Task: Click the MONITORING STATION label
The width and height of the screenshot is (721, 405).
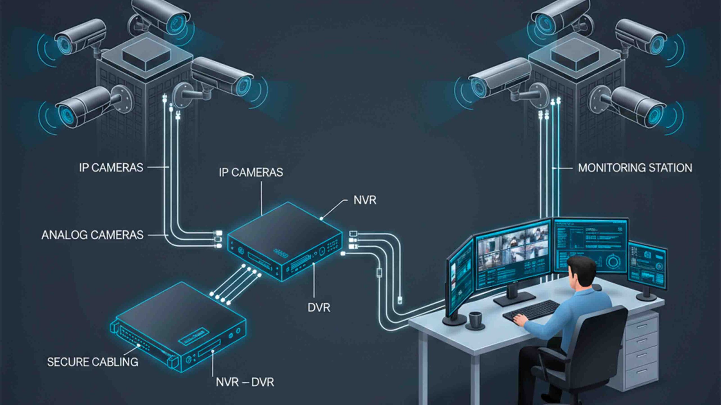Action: click(x=635, y=168)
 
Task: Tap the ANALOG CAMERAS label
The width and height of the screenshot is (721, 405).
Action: click(x=92, y=235)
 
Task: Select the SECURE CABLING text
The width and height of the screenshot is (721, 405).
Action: click(x=93, y=362)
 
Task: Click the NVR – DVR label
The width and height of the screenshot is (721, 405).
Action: click(x=245, y=382)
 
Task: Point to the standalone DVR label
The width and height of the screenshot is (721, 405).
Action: click(x=319, y=308)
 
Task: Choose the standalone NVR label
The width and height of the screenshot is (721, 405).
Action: click(x=365, y=200)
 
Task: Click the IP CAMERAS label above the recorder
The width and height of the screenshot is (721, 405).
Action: click(x=251, y=172)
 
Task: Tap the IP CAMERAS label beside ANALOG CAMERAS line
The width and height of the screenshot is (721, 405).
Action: click(x=111, y=168)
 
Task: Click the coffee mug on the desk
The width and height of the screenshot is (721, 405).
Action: click(x=475, y=319)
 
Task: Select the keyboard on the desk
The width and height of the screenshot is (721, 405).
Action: click(x=531, y=310)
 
